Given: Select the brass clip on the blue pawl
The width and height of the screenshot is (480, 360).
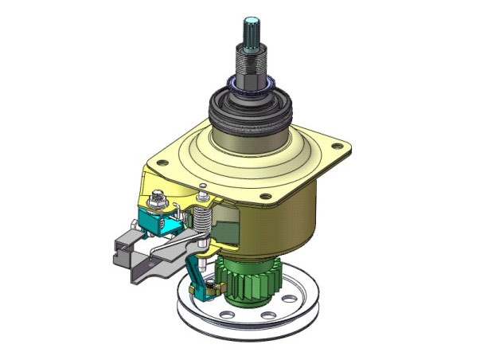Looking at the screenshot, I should (x=209, y=288).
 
